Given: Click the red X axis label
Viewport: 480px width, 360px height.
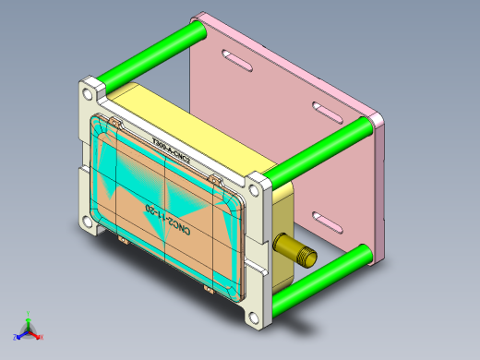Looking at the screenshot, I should [x=41, y=337].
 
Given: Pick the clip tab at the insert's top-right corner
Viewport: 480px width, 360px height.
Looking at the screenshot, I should [x=214, y=176].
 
